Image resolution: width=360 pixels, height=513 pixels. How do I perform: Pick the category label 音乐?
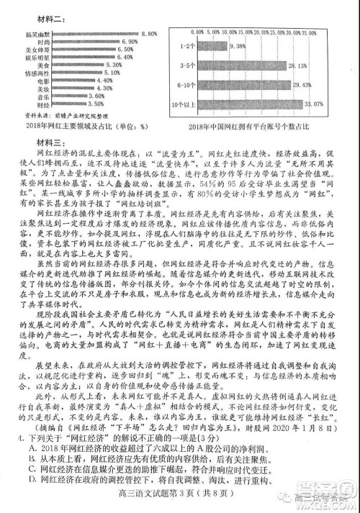coord(45,96)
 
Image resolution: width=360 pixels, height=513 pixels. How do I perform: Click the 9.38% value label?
coord(236,46)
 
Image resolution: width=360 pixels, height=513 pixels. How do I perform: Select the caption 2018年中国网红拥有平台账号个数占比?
coord(253,127)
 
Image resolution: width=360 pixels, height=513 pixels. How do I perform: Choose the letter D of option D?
coord(34,478)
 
